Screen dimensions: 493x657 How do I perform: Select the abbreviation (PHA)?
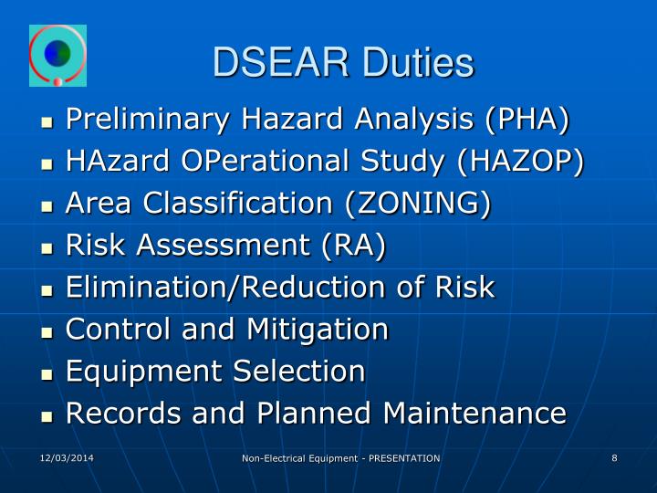tap(527, 120)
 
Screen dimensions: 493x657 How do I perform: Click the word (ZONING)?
tap(418, 204)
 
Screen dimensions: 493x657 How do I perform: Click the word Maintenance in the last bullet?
tap(474, 414)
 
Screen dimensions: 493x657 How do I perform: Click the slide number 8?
tap(615, 457)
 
